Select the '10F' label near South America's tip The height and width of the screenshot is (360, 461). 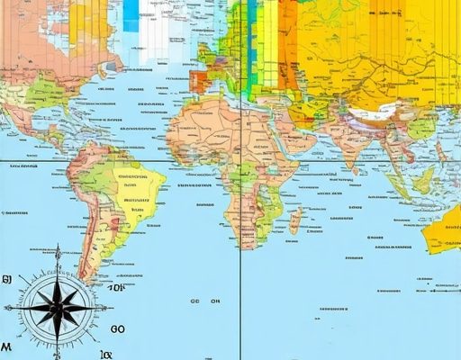click(116, 288)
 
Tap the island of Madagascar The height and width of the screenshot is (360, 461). click(294, 220)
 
